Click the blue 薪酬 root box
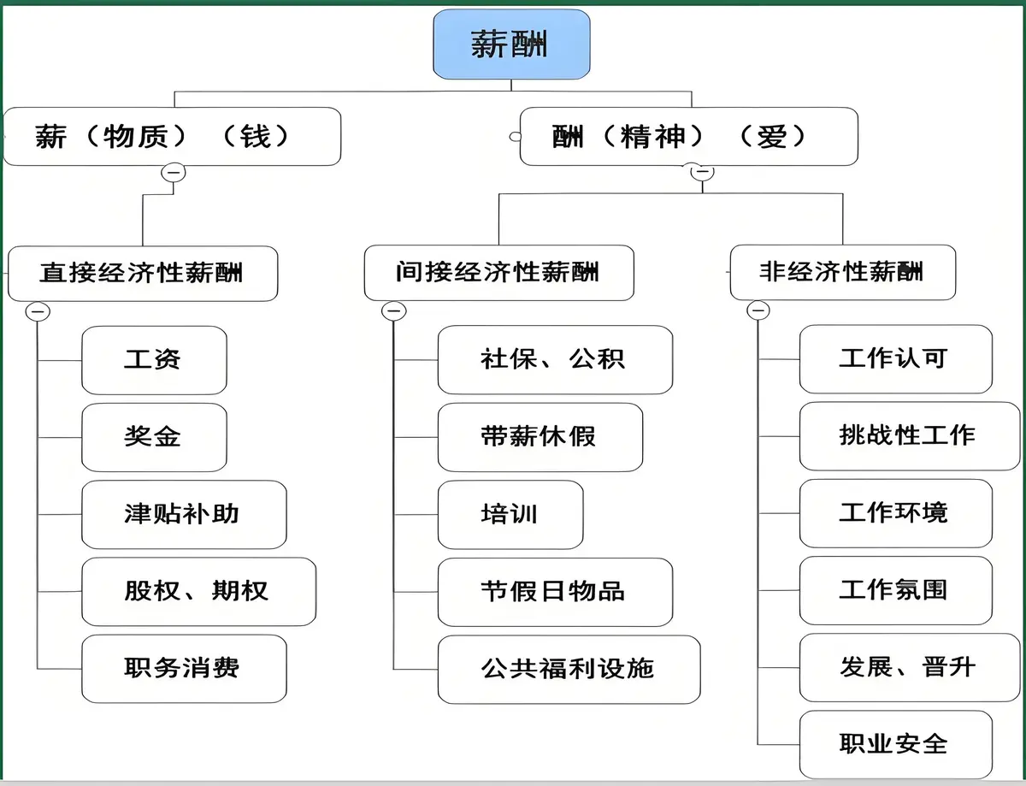coord(511,44)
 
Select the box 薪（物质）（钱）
coord(171,136)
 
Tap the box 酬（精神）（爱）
coord(688,136)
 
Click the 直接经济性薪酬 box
coord(143,273)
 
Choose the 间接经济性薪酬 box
coord(498,273)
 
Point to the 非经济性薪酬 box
coord(842,272)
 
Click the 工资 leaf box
coord(154,359)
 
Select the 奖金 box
coord(154,437)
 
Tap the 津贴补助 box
coord(183,514)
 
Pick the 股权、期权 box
coord(198,591)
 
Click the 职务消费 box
coord(183,668)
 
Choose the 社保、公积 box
coord(554,359)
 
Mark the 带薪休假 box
coord(540,437)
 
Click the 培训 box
coord(510,514)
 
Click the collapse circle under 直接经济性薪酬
coord(38,311)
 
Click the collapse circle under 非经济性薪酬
coord(758,310)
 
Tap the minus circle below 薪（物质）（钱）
coord(174,172)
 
